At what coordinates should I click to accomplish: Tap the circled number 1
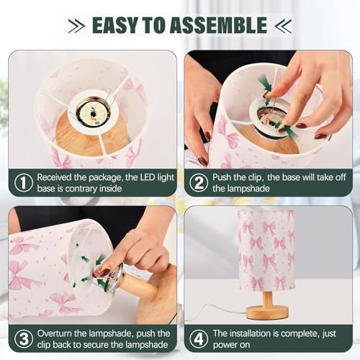pos(24,183)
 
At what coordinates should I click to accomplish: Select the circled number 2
pos(199,183)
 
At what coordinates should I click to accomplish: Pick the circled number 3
pos(24,339)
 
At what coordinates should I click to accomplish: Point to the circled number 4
pos(199,339)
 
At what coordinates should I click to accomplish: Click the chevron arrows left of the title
pos(76,25)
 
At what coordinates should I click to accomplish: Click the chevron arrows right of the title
pos(283,25)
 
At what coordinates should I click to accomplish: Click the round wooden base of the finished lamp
pos(267,312)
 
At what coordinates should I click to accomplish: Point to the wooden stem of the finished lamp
pos(267,299)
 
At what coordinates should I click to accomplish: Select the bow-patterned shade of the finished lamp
pos(266,250)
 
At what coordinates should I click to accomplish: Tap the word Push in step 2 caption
pos(222,178)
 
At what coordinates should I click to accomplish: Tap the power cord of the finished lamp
pos(216,312)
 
